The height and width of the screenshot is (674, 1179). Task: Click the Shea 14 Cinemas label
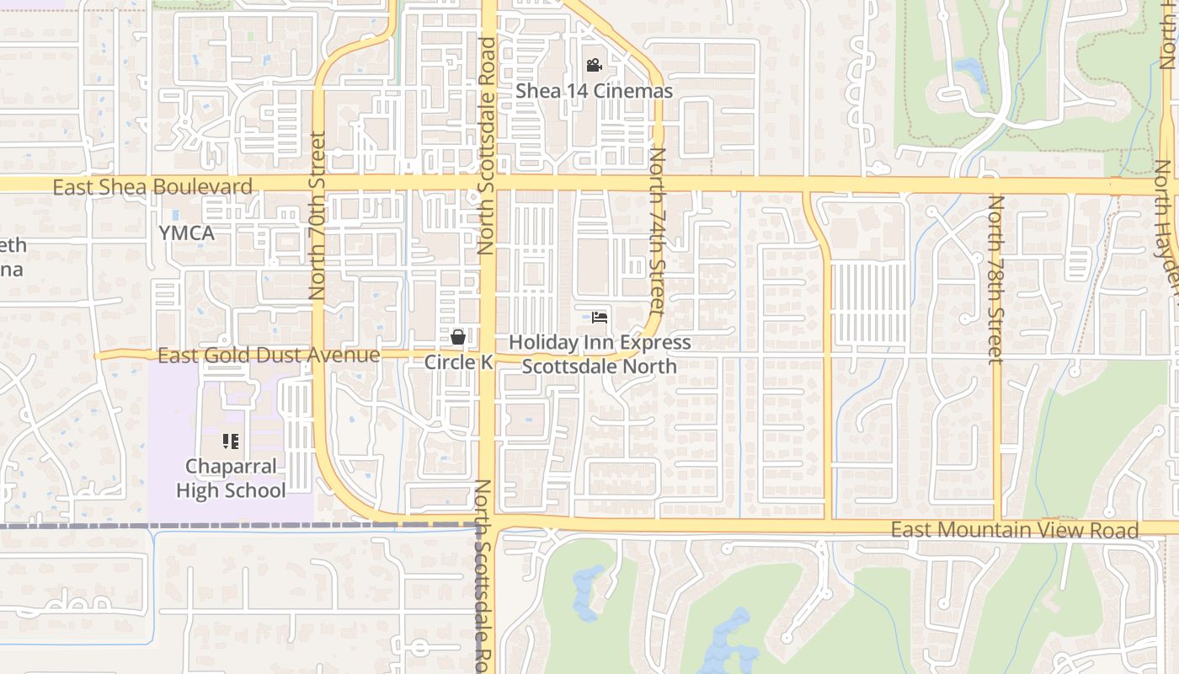[x=594, y=91]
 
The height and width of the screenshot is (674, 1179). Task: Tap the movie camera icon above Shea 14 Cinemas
[x=594, y=66]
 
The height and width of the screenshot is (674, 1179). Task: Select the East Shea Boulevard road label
[x=152, y=187]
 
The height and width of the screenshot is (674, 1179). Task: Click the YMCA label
[x=186, y=233]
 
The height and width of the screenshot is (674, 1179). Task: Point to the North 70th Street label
[x=317, y=216]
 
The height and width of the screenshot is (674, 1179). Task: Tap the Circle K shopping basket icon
[x=458, y=337]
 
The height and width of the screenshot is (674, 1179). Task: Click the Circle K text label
[x=458, y=362]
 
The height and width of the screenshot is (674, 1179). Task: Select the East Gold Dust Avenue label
[x=269, y=356]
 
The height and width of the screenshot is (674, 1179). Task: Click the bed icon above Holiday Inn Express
[x=599, y=318]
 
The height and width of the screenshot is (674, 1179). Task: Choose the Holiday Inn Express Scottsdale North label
[x=600, y=354]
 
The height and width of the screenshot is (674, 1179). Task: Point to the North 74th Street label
[x=657, y=231]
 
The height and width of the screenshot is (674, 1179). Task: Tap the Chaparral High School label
[x=231, y=479]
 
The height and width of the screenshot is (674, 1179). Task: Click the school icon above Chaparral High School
[x=231, y=441]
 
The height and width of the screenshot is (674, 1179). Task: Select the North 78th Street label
[x=996, y=279]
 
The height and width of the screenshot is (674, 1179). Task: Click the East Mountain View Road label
[x=1015, y=530]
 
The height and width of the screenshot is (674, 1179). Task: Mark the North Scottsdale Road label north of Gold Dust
[x=487, y=145]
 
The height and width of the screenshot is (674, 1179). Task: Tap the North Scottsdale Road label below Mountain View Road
[x=483, y=576]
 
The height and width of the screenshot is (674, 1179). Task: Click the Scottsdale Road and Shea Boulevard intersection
[x=488, y=184]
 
